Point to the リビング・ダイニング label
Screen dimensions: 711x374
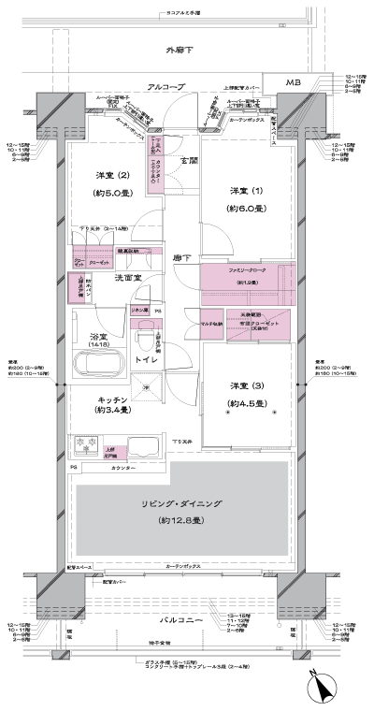176,504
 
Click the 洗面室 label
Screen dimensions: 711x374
127,278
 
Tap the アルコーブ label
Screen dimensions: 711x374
165,86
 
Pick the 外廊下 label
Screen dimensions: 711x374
178,48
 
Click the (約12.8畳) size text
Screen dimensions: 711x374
176,519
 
